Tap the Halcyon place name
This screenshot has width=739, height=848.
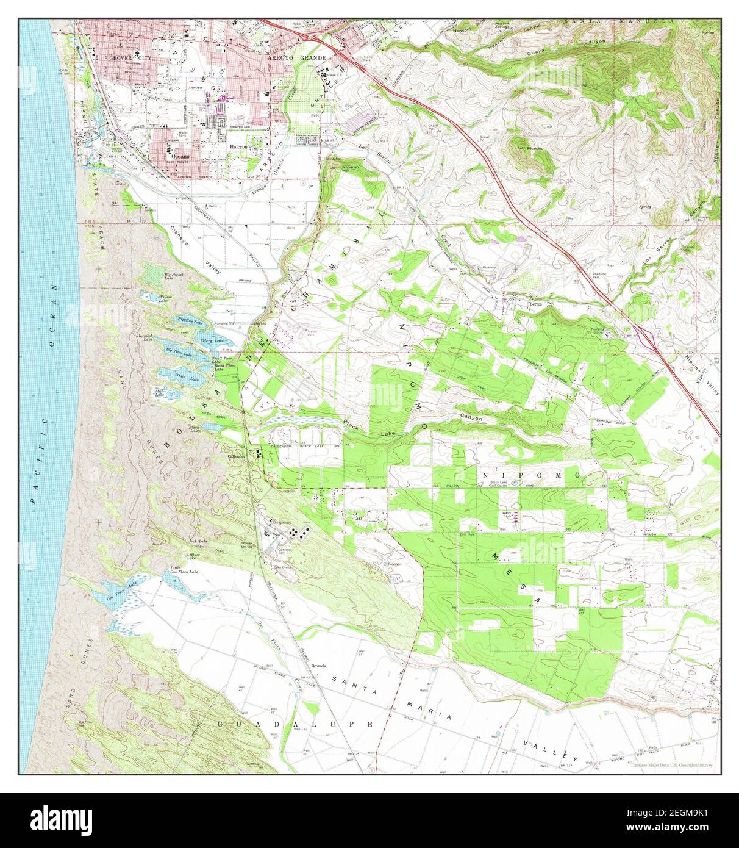[238, 147]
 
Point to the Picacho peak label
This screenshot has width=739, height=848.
[535, 148]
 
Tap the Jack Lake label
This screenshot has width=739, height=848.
[195, 541]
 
